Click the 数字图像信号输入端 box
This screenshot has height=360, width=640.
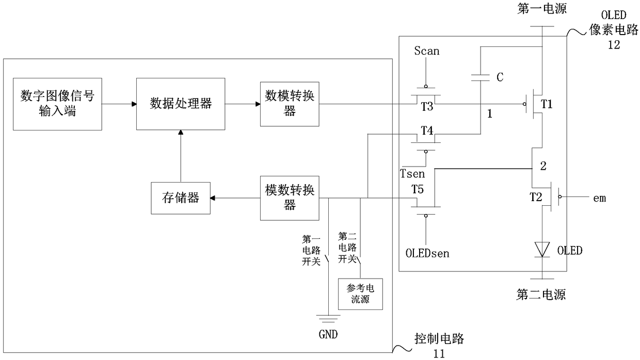[57, 104]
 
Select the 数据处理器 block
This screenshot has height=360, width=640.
[181, 104]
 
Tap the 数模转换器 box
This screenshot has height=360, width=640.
[290, 104]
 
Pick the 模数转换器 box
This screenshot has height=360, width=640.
[290, 198]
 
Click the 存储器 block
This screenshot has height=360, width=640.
[181, 198]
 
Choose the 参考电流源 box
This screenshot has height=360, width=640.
[360, 294]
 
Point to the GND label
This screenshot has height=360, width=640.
[328, 334]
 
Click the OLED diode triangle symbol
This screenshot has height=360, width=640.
[542, 250]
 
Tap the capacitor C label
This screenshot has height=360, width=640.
[500, 77]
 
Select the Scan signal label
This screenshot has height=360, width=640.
[426, 51]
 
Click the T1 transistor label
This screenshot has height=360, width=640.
[547, 104]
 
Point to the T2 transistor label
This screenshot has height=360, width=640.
[536, 197]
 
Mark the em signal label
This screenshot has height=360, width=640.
[599, 198]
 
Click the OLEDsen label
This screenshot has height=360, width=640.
[427, 253]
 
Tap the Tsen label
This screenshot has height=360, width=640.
[412, 174]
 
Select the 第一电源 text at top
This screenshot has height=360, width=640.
[542, 8]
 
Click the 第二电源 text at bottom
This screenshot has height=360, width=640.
[541, 294]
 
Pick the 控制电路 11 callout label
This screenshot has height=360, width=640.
[439, 346]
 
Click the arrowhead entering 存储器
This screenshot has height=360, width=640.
[213, 198]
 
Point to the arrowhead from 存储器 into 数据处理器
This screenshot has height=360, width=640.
[181, 133]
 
